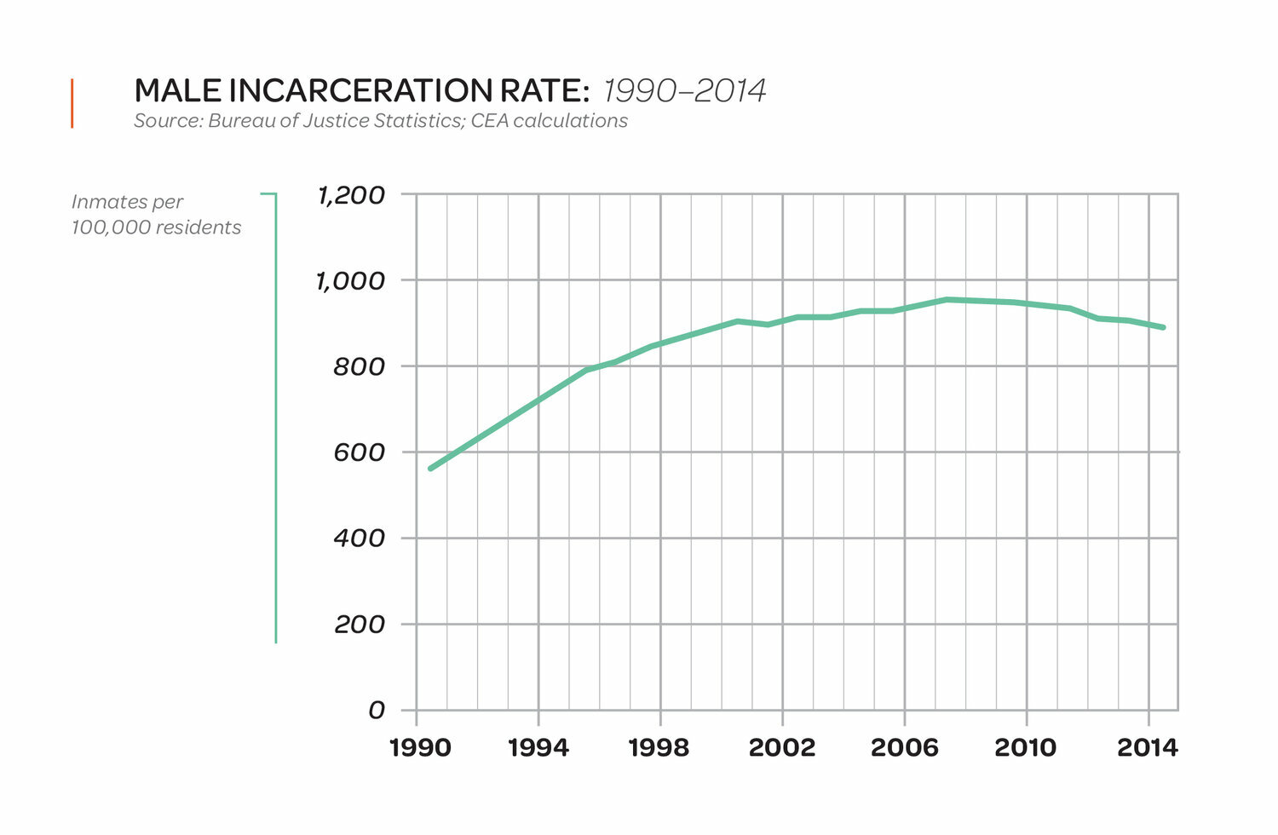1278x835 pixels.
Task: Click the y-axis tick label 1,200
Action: coord(351,195)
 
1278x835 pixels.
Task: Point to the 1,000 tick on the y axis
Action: coord(351,280)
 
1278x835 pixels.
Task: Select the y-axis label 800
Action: coord(360,366)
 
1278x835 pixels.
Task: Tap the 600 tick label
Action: coord(360,452)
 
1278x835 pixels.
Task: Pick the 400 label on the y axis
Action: coord(360,538)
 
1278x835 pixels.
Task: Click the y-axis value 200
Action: coord(360,625)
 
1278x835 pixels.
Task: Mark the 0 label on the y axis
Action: coord(376,711)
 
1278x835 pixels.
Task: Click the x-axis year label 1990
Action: coord(419,748)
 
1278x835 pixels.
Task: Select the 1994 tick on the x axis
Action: coord(538,748)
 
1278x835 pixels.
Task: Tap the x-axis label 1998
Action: coord(659,748)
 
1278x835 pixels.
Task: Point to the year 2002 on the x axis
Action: coord(781,748)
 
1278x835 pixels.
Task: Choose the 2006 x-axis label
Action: coord(904,748)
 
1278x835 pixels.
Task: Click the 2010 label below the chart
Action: coord(1025,748)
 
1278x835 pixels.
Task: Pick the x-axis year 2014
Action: coord(1148,748)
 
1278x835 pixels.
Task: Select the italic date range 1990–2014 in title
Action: coord(685,90)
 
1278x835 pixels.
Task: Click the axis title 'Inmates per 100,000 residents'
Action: coord(156,215)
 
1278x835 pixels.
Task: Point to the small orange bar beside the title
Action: coord(72,103)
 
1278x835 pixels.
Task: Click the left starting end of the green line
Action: coord(430,469)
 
